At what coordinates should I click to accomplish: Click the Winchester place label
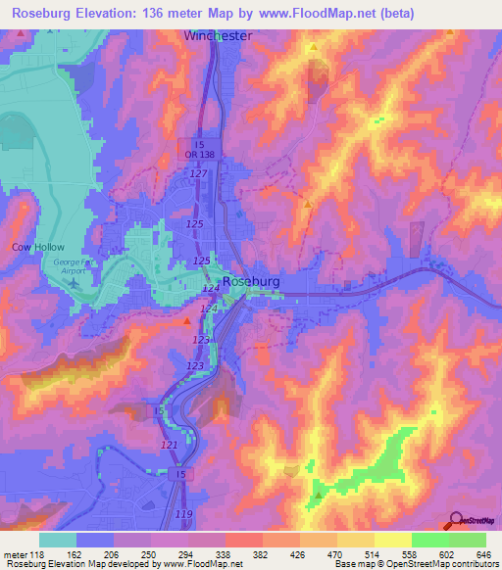tap(218, 35)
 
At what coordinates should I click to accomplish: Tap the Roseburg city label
tap(253, 280)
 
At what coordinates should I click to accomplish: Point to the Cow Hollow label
tap(30, 247)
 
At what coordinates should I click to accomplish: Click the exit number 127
tap(200, 173)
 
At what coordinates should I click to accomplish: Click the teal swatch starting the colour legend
tap(58, 540)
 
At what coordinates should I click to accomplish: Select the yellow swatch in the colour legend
tap(393, 540)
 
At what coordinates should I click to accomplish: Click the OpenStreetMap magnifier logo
tap(455, 522)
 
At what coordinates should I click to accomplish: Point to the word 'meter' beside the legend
tap(17, 553)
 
